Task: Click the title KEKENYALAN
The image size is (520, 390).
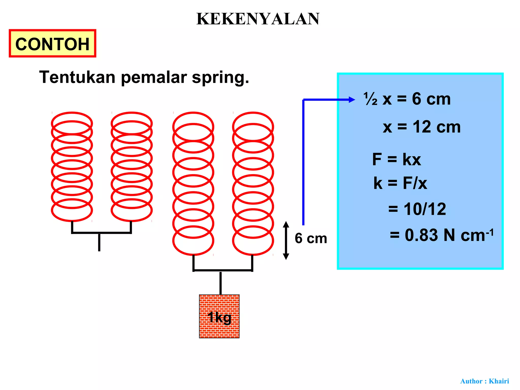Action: [x=258, y=19]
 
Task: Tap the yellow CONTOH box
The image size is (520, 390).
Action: [x=53, y=43]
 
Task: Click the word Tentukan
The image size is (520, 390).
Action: [x=77, y=77]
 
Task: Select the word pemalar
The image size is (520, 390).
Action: [x=154, y=77]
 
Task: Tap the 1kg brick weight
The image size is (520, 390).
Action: [x=219, y=316]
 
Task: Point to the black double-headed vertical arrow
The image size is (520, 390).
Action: [x=286, y=240]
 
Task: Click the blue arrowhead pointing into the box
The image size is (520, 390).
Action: [x=352, y=100]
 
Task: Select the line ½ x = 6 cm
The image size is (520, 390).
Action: [x=407, y=99]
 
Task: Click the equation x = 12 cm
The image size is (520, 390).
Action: [x=421, y=127]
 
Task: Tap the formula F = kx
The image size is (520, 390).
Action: [x=396, y=159]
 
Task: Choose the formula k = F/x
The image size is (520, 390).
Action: [x=400, y=183]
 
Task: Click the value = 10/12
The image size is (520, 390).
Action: [x=417, y=209]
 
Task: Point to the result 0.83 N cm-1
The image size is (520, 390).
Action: [x=442, y=235]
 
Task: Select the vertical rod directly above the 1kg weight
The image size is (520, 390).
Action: [x=220, y=283]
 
